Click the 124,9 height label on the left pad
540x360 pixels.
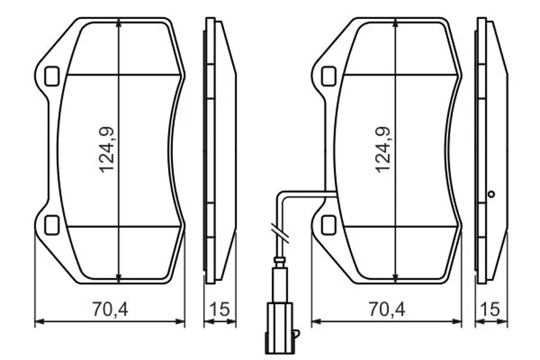[107, 150]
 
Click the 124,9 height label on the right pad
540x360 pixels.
[383, 150]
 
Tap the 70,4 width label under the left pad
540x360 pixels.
[110, 309]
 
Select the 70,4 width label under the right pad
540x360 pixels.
[387, 309]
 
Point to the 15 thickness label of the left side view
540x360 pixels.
[219, 309]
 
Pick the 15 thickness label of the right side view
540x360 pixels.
[490, 309]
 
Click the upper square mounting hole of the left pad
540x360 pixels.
[52, 76]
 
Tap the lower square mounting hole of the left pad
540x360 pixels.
[52, 225]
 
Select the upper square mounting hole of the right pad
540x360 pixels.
[329, 76]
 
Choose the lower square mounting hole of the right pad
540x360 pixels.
[329, 225]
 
